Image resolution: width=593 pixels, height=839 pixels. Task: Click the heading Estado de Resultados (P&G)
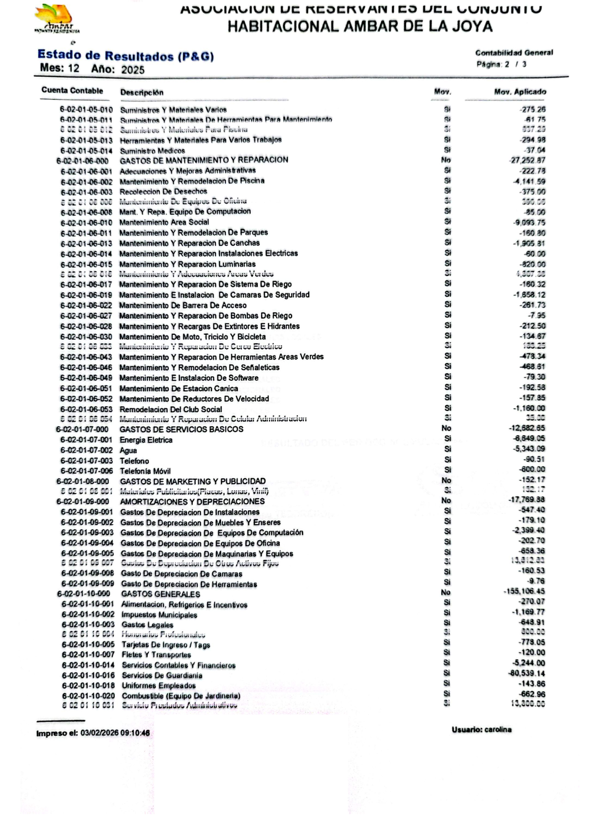125,56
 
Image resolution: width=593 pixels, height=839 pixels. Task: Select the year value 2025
132,70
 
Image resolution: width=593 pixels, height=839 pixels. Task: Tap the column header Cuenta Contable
72,90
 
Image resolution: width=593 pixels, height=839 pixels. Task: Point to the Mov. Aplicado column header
520,91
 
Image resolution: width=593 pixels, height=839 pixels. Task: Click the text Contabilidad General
514,53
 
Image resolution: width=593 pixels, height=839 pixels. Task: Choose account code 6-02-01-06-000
82,161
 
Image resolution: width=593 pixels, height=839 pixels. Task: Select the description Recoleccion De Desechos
163,191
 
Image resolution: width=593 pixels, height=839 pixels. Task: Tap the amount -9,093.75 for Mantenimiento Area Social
529,223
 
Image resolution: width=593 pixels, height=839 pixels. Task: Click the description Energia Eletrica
146,440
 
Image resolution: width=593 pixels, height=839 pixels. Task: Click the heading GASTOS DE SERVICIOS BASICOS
181,430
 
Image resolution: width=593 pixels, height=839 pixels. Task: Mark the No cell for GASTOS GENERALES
446,593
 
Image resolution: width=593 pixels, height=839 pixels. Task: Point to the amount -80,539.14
527,673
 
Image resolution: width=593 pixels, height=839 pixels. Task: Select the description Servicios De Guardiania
162,675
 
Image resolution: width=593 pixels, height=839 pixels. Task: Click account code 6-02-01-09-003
87,533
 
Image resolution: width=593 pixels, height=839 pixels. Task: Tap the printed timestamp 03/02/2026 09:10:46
115,733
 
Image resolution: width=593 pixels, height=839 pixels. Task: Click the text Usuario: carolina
482,729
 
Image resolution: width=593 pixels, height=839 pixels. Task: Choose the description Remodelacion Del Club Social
171,409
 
